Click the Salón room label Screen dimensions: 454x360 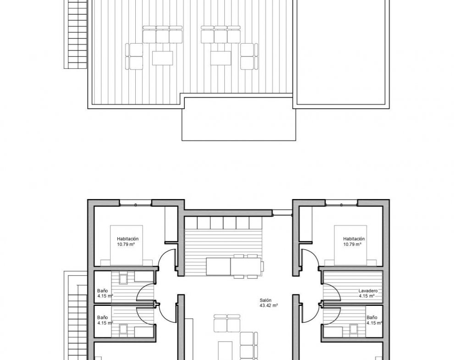266,300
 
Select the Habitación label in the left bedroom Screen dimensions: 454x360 127,239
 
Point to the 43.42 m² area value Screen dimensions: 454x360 269,305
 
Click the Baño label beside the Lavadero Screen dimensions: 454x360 372,317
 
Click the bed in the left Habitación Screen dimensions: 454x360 126,245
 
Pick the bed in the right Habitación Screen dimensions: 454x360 350,245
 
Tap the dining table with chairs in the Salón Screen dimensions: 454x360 235,266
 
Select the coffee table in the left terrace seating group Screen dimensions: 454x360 162,58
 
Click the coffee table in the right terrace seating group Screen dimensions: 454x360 221,58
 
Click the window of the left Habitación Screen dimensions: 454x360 136,204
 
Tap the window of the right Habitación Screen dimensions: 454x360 342,204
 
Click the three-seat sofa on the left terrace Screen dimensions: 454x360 162,34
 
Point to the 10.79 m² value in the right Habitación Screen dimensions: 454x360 352,244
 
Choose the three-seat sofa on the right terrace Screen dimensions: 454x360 221,34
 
